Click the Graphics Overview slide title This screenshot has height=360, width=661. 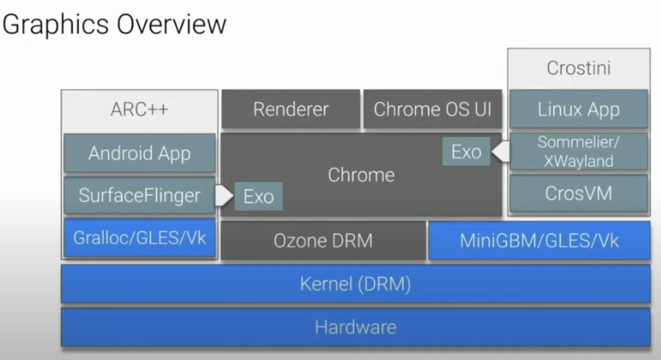tap(114, 24)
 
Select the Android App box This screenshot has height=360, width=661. tap(139, 153)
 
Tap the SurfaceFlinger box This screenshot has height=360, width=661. tap(139, 196)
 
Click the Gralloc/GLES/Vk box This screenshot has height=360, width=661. tap(139, 239)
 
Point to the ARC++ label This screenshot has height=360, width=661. tap(139, 109)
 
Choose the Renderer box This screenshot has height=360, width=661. tap(290, 109)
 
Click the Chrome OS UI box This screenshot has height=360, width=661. tap(432, 109)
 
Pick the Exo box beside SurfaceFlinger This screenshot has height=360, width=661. tap(258, 197)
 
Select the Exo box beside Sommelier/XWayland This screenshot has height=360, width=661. tap(466, 152)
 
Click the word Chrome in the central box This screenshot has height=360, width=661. tap(361, 175)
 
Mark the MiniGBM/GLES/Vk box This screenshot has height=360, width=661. tap(539, 241)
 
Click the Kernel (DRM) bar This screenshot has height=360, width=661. tap(355, 285)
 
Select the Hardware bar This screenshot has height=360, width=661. tap(355, 328)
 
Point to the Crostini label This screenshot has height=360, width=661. tap(578, 68)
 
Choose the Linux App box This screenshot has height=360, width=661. tap(578, 110)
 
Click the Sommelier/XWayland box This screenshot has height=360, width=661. tap(578, 152)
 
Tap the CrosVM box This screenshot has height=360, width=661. tap(578, 194)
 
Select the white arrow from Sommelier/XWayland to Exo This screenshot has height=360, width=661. tap(499, 153)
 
